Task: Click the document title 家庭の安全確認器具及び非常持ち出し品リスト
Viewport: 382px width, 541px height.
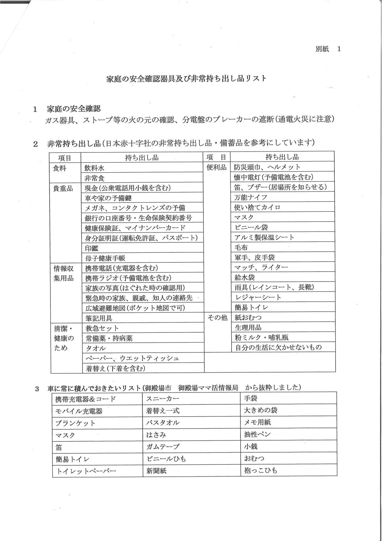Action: coord(186,79)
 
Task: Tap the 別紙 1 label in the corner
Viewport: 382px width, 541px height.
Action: coord(328,49)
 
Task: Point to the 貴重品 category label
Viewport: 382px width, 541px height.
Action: coord(63,188)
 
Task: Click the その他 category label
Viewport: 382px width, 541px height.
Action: coord(217,317)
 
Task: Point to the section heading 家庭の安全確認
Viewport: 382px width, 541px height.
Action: coord(73,109)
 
